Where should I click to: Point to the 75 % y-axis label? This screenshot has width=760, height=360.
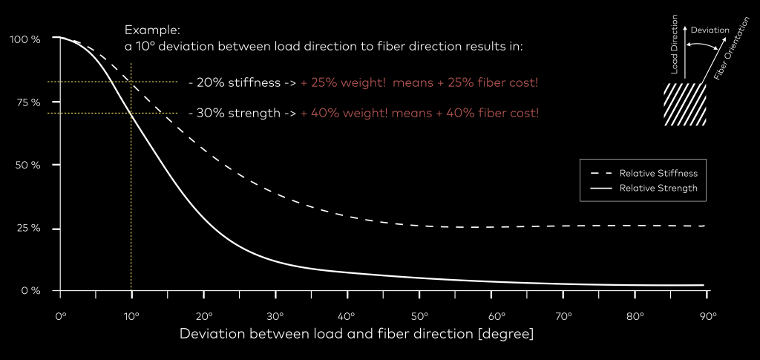point(27,102)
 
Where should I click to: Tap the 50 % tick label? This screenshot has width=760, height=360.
point(27,165)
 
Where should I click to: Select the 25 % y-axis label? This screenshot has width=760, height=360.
point(27,228)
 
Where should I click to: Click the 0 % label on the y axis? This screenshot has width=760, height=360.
point(30,290)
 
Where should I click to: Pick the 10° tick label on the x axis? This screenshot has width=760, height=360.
point(132,316)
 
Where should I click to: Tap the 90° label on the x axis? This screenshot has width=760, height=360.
point(708,316)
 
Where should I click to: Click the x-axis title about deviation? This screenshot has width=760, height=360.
point(356,334)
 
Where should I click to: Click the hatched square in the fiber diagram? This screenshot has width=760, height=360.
point(685,105)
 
